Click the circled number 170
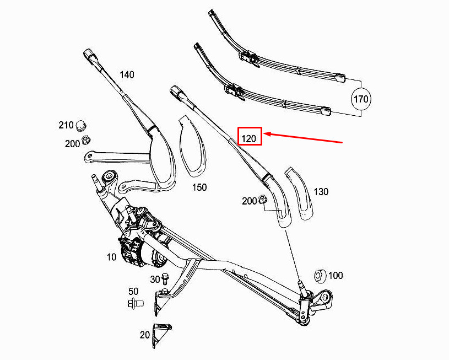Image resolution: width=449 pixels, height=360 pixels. coord(361,100)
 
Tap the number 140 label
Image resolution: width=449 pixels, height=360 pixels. coord(127,74)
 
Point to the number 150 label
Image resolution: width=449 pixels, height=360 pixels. coord(199,187)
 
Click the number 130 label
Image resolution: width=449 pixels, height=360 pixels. coord(321,191)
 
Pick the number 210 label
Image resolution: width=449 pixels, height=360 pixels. coord(66,125)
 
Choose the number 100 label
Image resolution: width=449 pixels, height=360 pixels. coord(336,275)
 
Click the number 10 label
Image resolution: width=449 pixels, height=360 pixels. coord(111,256)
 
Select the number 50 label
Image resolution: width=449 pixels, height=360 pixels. coord(133,291)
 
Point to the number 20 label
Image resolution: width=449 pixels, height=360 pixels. coord(145,334)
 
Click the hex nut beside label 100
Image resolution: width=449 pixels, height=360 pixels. coord(318,275)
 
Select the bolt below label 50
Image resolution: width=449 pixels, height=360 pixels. coord(134,303)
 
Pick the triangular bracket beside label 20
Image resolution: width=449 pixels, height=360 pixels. coord(161,334)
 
